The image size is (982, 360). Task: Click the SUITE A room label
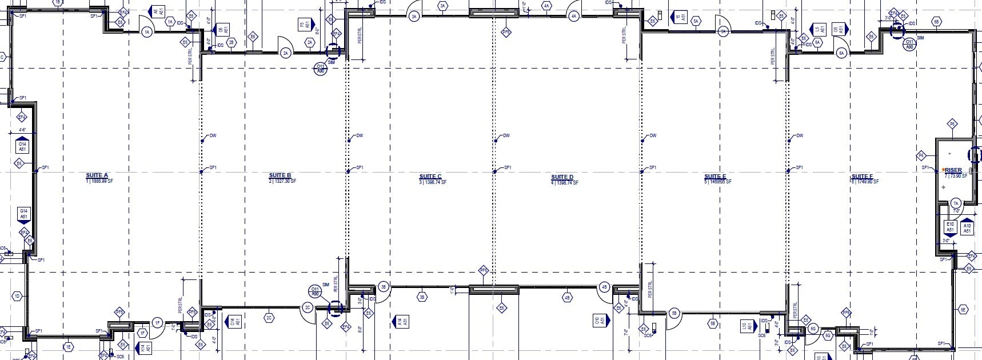pyautogui.click(x=97, y=175)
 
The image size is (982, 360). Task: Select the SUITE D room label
pyautogui.click(x=562, y=177)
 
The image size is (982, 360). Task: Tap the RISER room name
pyautogui.click(x=953, y=170)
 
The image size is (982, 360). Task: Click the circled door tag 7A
pyautogui.click(x=956, y=203)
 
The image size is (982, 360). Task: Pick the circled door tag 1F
pyautogui.click(x=158, y=323)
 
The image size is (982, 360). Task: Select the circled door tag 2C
pyautogui.click(x=307, y=309)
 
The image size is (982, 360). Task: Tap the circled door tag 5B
pyautogui.click(x=674, y=313)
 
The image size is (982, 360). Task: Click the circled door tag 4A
pyautogui.click(x=574, y=17)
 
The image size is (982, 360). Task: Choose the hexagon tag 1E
pyautogui.click(x=68, y=347)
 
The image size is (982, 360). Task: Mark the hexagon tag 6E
pyautogui.click(x=963, y=309)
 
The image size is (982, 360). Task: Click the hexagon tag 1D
pyautogui.click(x=17, y=296)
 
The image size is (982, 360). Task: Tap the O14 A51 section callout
pyautogui.click(x=22, y=147)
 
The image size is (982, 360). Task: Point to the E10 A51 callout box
pyautogui.click(x=950, y=227)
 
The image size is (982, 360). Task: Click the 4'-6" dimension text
pyautogui.click(x=23, y=131)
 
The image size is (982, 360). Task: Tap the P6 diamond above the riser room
pyautogui.click(x=952, y=124)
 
